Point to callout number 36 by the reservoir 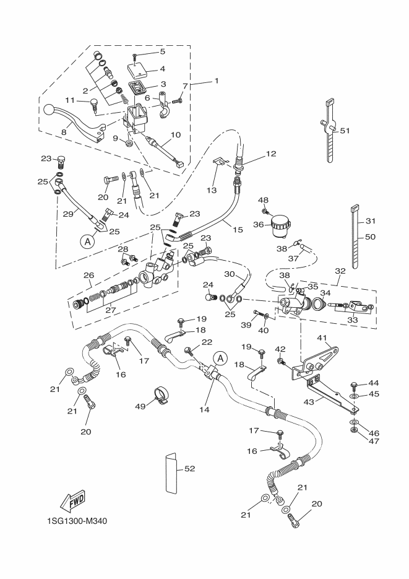pos(259,224)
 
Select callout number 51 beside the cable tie pos(345,130)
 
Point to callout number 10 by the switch pos(174,134)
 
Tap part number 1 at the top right pos(217,81)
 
